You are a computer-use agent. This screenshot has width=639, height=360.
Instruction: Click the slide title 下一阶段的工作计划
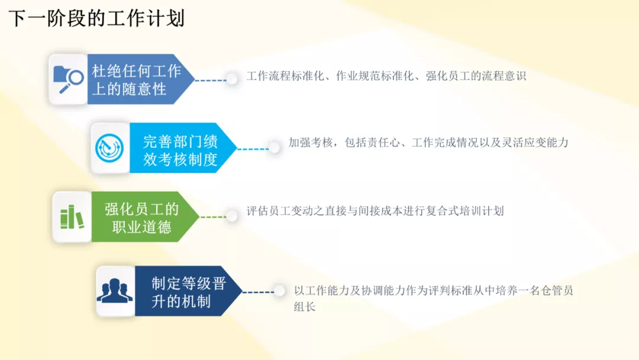[96, 18]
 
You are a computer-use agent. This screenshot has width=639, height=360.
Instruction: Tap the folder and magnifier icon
[68, 79]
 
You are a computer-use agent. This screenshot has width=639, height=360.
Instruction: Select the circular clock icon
[109, 147]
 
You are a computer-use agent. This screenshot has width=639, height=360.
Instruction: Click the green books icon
[72, 217]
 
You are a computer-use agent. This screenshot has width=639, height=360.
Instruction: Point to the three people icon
[115, 290]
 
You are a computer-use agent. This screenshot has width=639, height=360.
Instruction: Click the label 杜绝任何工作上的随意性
[136, 79]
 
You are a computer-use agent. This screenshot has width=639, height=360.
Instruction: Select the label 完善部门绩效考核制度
[180, 150]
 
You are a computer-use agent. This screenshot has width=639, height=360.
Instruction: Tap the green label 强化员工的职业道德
[141, 218]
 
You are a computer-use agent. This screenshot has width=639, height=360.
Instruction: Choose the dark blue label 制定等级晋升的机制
[189, 292]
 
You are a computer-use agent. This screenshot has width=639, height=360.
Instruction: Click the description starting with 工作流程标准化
[386, 76]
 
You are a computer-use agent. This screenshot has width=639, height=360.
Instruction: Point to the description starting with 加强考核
[428, 142]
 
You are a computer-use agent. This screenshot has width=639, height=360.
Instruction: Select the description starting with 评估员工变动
[375, 211]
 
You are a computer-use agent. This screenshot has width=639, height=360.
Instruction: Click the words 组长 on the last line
[305, 307]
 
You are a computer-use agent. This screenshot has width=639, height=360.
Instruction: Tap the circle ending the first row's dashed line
[233, 79]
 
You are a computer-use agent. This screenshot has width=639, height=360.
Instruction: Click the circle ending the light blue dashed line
[275, 147]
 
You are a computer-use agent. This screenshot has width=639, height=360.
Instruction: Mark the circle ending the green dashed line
[232, 216]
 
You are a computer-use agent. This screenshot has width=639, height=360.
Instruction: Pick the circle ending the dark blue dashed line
[279, 291]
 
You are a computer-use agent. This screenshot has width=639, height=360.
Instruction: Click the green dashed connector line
[213, 217]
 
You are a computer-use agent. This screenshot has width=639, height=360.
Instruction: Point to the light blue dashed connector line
[253, 149]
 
